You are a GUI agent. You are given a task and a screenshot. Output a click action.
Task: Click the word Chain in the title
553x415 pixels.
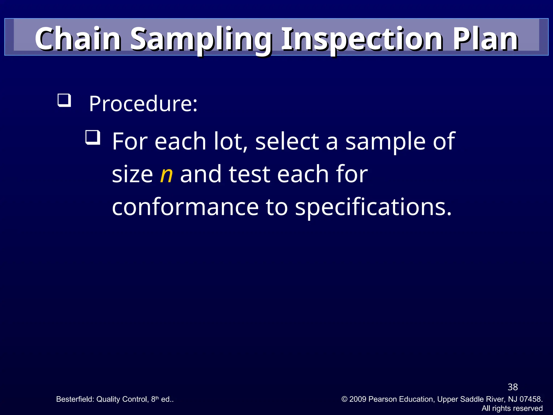coord(78,39)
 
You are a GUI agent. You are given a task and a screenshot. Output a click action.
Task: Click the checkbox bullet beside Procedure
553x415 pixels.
coord(64,100)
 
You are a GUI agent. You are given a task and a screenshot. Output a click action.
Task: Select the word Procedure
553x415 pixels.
coord(143,104)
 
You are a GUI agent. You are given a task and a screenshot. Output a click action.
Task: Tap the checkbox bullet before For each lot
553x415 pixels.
coord(93,137)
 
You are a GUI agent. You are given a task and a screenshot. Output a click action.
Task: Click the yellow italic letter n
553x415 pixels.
coord(166,174)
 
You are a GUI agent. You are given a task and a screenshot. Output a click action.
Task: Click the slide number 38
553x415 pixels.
coord(512,387)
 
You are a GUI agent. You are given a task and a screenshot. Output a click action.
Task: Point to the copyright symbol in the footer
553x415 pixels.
coord(344,399)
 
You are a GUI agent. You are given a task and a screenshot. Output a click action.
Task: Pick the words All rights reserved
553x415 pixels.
coord(512,408)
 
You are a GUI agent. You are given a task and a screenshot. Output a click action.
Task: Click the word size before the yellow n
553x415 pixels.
coord(132,174)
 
